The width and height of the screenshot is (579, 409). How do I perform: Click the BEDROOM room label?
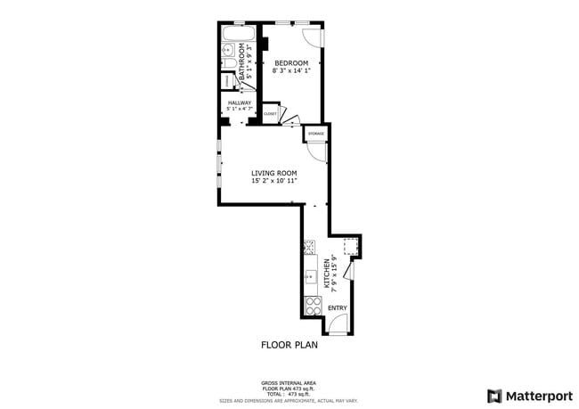tap(291, 62)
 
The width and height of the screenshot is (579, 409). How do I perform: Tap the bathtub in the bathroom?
tap(239, 37)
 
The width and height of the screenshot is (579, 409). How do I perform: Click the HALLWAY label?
tap(239, 102)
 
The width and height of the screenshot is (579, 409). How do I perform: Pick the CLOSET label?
tap(269, 114)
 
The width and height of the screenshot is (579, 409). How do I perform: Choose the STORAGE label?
tap(316, 134)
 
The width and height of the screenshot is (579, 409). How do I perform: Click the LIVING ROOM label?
tap(273, 173)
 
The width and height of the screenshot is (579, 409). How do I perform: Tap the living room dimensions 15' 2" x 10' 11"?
tap(273, 181)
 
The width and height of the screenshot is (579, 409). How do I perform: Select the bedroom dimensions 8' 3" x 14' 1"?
tap(291, 71)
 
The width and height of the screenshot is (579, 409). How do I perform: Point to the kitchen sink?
tap(311, 275)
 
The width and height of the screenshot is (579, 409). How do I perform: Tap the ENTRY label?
tap(338, 308)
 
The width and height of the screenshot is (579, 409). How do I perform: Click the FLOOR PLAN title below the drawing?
tap(289, 344)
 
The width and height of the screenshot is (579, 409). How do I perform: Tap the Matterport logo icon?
tap(493, 395)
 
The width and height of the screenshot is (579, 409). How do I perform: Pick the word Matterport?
tap(537, 395)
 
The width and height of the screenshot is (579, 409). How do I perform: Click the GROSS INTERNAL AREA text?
tap(289, 380)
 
